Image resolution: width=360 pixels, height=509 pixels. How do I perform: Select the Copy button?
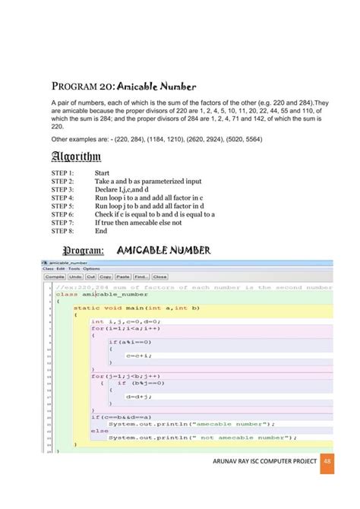click(x=106, y=277)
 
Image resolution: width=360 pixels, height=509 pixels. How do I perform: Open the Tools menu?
click(x=74, y=269)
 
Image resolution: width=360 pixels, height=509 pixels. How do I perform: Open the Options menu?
click(x=92, y=269)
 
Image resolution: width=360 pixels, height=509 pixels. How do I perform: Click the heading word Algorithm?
click(x=75, y=156)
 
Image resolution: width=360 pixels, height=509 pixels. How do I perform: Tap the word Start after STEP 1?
click(x=103, y=173)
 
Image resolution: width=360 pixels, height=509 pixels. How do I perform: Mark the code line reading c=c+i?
click(x=140, y=356)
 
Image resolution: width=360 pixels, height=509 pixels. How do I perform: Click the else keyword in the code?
click(x=99, y=431)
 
